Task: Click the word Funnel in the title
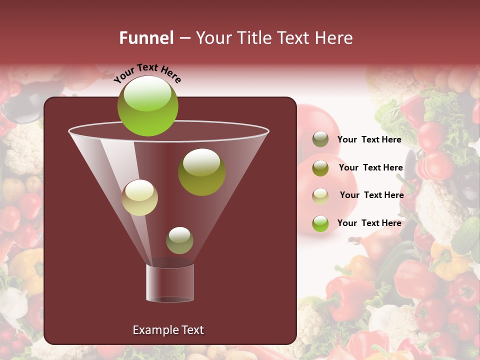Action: click(x=146, y=38)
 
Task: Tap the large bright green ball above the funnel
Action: click(x=147, y=106)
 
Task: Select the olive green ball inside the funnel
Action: click(x=201, y=172)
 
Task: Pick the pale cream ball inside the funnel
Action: click(x=139, y=197)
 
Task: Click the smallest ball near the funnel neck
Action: click(x=179, y=240)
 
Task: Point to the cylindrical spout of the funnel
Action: click(x=170, y=283)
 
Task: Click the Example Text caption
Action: click(x=168, y=330)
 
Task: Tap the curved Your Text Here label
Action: click(x=147, y=73)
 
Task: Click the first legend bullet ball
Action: click(x=320, y=139)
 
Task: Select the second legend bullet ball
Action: click(x=320, y=168)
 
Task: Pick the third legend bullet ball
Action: click(x=320, y=195)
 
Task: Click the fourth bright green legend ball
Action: click(x=320, y=223)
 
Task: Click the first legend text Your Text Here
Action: click(x=369, y=140)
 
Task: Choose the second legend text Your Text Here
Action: click(x=370, y=168)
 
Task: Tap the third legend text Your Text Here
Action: click(x=371, y=195)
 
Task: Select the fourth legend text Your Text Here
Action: click(x=369, y=223)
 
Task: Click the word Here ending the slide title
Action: click(x=335, y=38)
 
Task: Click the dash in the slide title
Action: click(x=184, y=38)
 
